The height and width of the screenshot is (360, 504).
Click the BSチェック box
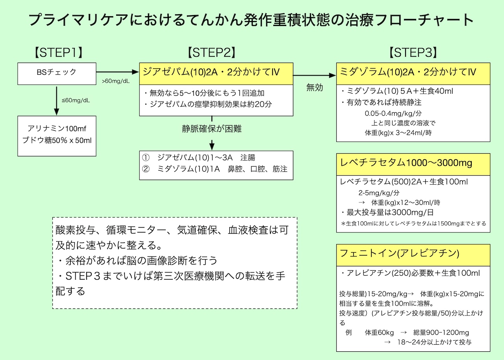pyautogui.click(x=57, y=72)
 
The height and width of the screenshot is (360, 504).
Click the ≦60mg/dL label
pyautogui.click(x=76, y=100)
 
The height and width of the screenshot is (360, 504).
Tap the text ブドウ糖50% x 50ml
pyautogui.click(x=57, y=140)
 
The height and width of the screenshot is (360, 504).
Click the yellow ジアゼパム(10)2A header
pyautogui.click(x=216, y=72)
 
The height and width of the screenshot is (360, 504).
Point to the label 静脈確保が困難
pyautogui.click(x=211, y=129)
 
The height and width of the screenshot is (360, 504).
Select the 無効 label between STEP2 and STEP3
pyautogui.click(x=315, y=87)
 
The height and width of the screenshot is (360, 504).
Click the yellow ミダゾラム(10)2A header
pyautogui.click(x=413, y=72)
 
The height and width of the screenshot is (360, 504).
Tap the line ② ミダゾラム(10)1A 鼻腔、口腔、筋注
pyautogui.click(x=215, y=169)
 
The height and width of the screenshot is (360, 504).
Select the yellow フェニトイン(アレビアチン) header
pyautogui.click(x=413, y=253)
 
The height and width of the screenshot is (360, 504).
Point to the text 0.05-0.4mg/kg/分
pyautogui.click(x=388, y=113)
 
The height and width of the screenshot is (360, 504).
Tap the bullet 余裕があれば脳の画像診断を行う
pyautogui.click(x=136, y=261)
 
